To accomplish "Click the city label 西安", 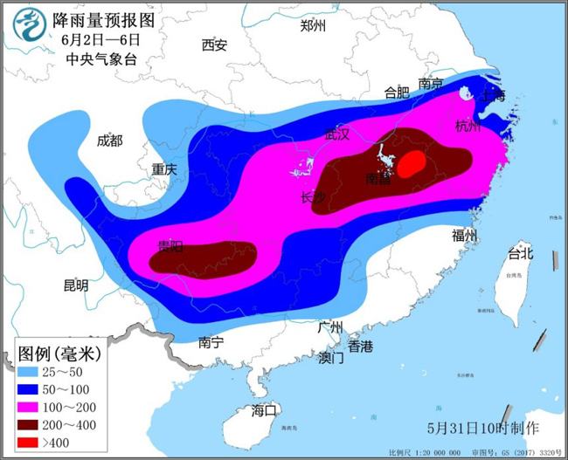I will pos(214,45).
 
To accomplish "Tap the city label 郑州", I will pos(313,25).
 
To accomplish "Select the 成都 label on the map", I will pos(110,141).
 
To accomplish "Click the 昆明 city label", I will pos(76,285).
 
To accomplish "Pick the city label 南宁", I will pos(211,342).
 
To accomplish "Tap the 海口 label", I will pos(264,409).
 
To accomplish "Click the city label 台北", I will pos(521,254).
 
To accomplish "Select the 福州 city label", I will pos(465,235).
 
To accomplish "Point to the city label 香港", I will pos(360,347).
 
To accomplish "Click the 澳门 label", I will pos(331,358).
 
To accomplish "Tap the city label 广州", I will pos(330,327).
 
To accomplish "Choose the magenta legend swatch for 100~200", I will pos(34,407).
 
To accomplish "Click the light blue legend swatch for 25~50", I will pos(34,372).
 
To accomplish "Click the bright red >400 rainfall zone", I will pos(413,163).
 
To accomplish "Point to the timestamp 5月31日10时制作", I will pos(483,429).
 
